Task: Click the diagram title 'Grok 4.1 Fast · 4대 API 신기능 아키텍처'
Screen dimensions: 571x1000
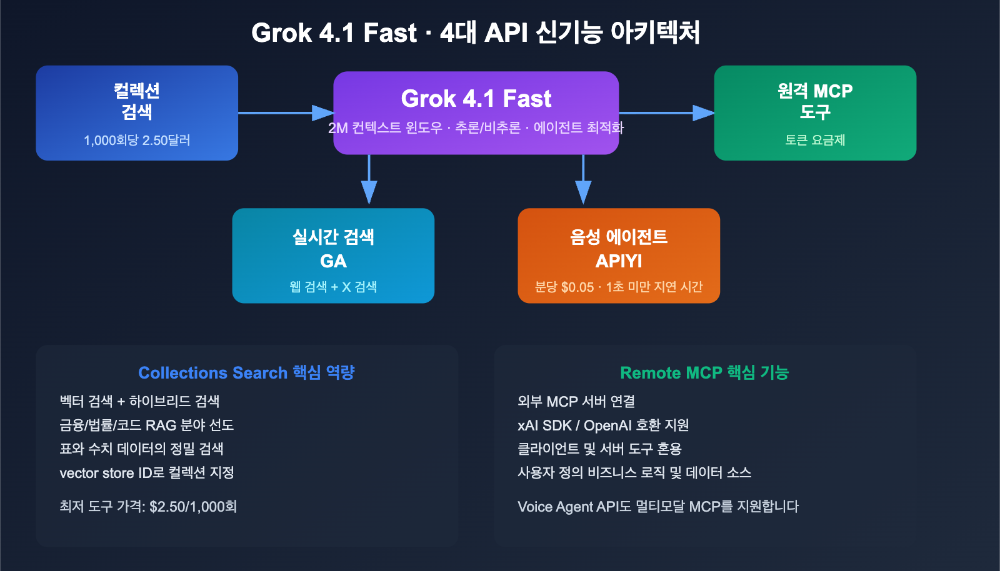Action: click(x=476, y=32)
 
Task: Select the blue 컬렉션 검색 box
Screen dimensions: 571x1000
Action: click(x=137, y=112)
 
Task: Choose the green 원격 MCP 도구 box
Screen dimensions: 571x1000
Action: click(x=815, y=112)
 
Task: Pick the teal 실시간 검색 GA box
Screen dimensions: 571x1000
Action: click(x=333, y=255)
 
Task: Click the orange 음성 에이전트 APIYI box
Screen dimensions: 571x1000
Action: click(x=619, y=255)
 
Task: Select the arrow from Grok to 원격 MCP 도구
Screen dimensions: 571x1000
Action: click(x=666, y=113)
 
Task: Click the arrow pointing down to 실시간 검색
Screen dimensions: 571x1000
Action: click(x=369, y=181)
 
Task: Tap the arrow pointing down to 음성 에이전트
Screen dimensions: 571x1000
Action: click(x=583, y=181)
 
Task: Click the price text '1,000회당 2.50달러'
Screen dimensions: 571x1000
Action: click(x=137, y=141)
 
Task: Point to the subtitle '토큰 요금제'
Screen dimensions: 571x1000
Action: click(x=815, y=141)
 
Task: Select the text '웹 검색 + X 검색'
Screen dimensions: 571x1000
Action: click(x=333, y=287)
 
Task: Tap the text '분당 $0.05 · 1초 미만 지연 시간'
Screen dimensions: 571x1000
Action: click(x=619, y=287)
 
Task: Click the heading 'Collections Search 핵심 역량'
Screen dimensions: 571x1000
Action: click(x=246, y=372)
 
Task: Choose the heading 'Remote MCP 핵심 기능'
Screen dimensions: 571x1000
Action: click(x=704, y=372)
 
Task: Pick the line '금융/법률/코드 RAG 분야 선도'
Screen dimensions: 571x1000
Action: click(x=146, y=425)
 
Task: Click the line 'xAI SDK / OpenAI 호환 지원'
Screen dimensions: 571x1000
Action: click(x=603, y=425)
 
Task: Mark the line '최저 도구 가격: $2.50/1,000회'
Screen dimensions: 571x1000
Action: click(x=148, y=507)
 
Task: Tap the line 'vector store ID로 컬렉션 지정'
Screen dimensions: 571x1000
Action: click(x=147, y=473)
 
